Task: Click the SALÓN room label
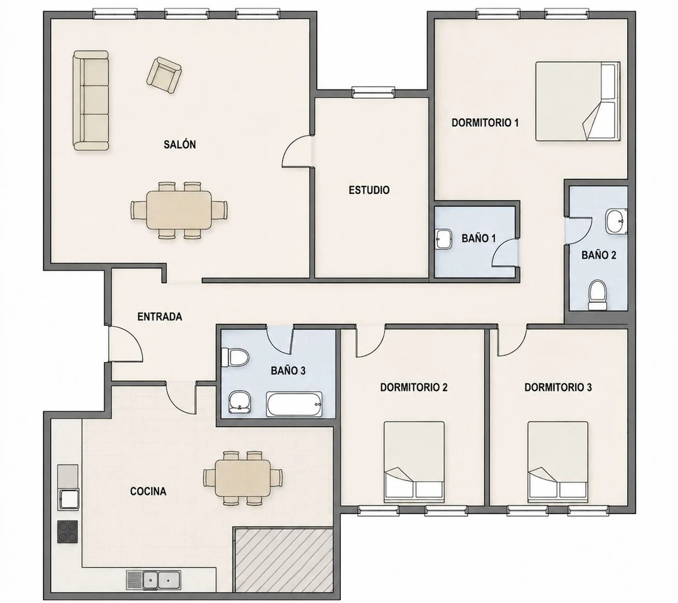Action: point(180,145)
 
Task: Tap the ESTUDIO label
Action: point(369,190)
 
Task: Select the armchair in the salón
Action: point(164,75)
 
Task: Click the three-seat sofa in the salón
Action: point(91,100)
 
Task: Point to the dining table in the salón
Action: point(179,210)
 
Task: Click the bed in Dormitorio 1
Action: point(578,101)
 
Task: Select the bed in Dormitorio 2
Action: point(414,462)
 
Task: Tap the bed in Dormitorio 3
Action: point(558,462)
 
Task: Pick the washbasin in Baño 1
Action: point(443,239)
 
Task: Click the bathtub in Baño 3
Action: point(294,404)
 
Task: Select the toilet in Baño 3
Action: point(236,357)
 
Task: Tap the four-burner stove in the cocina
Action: point(68,532)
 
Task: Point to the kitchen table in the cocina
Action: point(243,478)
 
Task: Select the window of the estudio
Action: point(373,92)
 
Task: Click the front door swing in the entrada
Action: point(125,344)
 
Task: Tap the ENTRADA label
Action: point(160,317)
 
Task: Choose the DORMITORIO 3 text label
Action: point(558,387)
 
